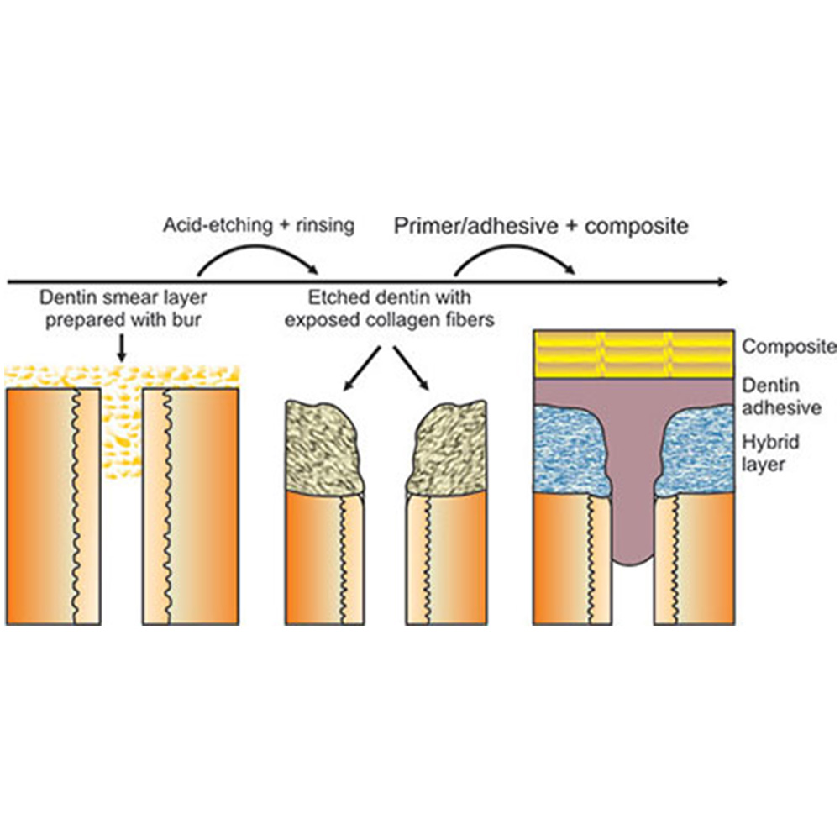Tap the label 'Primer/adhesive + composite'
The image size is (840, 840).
(541, 225)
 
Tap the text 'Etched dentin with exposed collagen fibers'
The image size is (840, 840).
(388, 308)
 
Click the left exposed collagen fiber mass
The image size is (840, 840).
(323, 445)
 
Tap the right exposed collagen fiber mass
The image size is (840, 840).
(444, 445)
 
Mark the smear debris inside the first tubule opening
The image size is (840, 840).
(122, 420)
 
